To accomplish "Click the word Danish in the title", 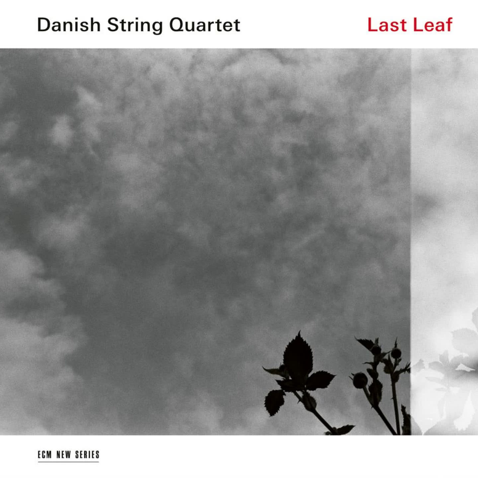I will (69, 25).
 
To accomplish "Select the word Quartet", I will (204, 25).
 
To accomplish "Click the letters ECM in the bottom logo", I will (44, 454).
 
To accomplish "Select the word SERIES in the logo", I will (87, 454).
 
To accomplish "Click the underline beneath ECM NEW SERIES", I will (68, 461).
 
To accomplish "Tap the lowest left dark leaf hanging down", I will (274, 402).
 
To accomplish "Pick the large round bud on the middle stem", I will (360, 380).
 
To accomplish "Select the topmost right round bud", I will (396, 353).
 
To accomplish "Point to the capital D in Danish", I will (44, 25).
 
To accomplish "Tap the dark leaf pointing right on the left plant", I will (320, 380).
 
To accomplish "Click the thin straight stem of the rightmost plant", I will (396, 405).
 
